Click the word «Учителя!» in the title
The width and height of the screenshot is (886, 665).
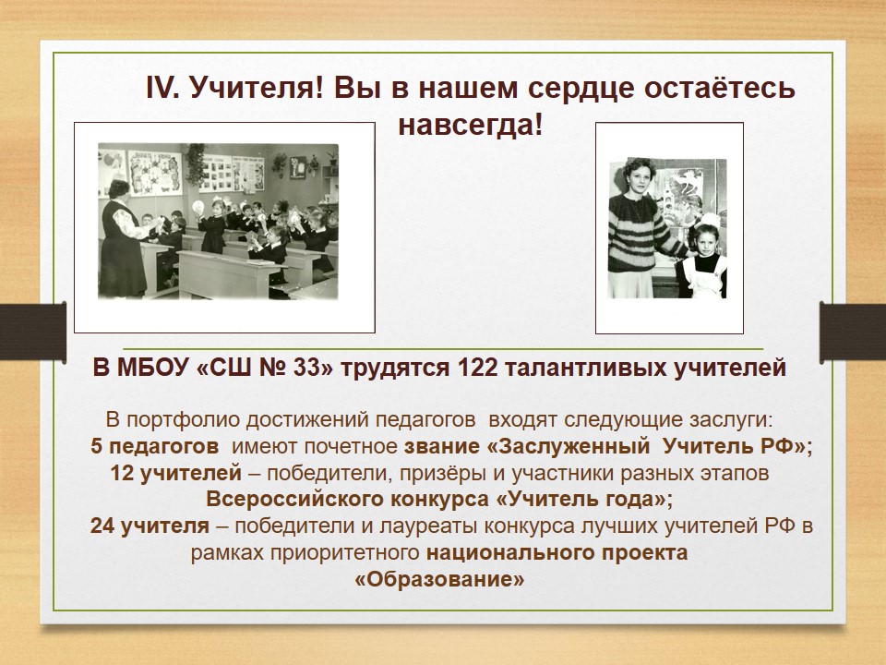256,89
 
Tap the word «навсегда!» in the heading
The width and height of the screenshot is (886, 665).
470,125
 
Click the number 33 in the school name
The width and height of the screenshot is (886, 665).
308,368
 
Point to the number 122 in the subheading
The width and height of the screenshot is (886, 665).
477,368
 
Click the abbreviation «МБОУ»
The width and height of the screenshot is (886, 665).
152,368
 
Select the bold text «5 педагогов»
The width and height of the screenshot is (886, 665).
154,446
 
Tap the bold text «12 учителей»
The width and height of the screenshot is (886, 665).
175,473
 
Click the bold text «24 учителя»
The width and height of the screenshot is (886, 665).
150,526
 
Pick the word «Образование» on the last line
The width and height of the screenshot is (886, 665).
439,580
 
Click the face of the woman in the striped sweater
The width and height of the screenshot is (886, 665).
638,177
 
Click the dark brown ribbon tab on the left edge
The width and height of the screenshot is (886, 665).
33,331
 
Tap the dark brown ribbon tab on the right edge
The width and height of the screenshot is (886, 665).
853,332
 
